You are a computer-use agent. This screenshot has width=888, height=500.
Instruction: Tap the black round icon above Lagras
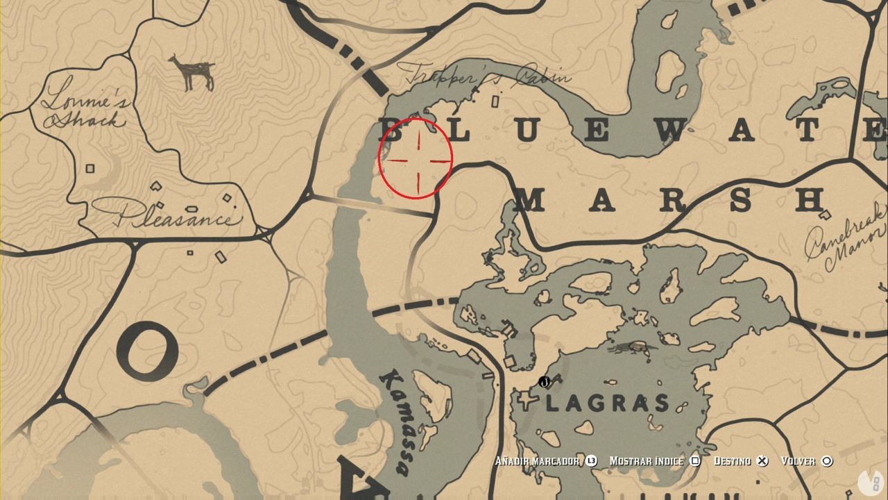pos(544,382)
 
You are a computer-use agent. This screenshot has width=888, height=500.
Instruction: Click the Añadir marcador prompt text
pos(537,461)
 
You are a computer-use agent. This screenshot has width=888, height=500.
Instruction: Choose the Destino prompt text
pos(731,461)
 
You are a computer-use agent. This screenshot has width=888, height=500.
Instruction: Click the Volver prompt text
pos(797,461)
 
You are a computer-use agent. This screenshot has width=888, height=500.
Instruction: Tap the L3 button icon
pos(591,461)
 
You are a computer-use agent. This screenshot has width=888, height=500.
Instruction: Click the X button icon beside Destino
pos(762,461)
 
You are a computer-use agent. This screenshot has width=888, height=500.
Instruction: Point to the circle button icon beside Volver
pos(827,461)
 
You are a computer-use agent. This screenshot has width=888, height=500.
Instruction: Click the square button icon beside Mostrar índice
pos(695,461)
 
